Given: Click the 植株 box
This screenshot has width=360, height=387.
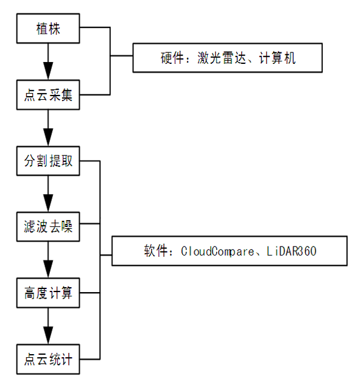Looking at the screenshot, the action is [x=48, y=29].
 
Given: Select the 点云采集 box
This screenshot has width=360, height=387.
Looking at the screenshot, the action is [x=48, y=95].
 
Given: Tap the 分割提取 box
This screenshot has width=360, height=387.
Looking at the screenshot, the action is [x=48, y=161].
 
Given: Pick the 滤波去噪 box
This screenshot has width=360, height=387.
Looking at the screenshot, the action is [x=48, y=226].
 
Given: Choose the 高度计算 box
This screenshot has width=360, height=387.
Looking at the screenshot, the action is [x=48, y=293].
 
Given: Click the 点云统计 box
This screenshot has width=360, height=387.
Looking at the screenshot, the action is [x=48, y=359].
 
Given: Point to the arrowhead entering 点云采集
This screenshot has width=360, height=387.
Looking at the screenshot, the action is [x=48, y=71].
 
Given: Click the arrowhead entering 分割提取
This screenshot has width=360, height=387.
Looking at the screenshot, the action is [x=48, y=138].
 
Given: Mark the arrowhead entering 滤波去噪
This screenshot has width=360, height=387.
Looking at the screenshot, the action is [x=48, y=203].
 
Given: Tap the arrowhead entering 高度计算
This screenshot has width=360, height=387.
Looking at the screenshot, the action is [x=48, y=270].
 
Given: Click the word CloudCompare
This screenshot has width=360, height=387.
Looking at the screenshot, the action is [x=217, y=251].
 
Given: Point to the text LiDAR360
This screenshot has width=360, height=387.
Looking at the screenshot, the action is [x=292, y=251].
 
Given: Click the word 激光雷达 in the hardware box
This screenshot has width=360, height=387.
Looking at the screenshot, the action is [x=222, y=58].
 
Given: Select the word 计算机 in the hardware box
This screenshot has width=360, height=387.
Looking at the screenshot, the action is [x=277, y=58].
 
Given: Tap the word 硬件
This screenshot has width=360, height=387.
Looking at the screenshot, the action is [x=173, y=58].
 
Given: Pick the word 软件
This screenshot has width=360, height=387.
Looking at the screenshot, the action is [x=157, y=251].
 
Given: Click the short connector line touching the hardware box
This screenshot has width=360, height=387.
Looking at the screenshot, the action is [x=122, y=56].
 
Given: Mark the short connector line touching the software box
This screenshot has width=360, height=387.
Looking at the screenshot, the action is [x=106, y=255].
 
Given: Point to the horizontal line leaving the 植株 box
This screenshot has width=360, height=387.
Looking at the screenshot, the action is [x=95, y=27].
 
